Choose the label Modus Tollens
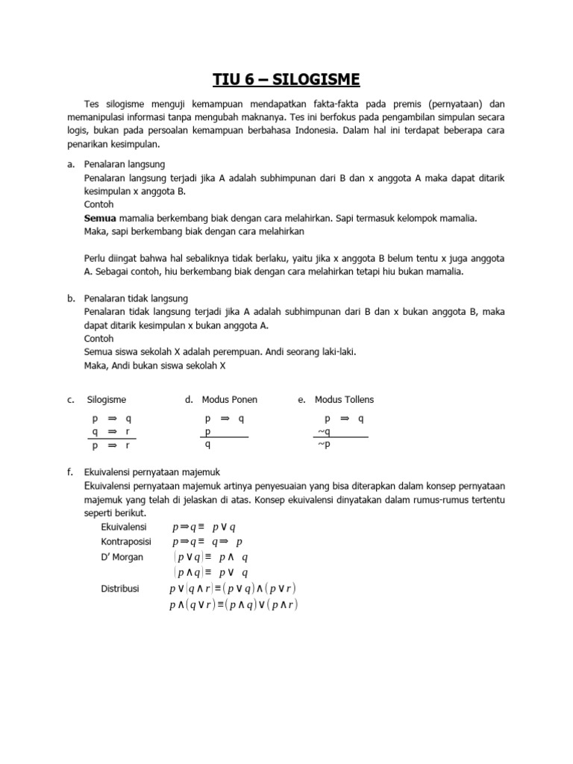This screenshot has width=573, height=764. click(x=344, y=400)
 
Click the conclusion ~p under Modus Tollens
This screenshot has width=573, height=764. click(x=324, y=445)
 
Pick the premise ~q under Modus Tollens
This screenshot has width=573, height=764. click(x=324, y=431)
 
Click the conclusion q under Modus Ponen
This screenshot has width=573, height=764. click(x=207, y=445)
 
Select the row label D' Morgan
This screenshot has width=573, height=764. click(x=122, y=557)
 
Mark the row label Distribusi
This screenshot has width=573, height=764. click(x=120, y=589)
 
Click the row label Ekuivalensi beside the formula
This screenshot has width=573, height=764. click(x=124, y=527)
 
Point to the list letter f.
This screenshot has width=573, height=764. click(x=69, y=472)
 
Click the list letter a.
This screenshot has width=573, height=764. click(x=70, y=163)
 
